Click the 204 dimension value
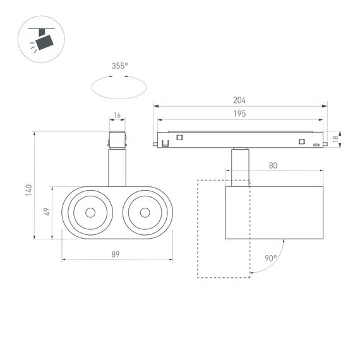239,100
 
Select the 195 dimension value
239,114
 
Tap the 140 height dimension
28,189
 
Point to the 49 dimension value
46,213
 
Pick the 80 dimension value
273,165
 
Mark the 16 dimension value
117,116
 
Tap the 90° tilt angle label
271,258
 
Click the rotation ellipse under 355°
118,87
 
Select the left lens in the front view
88,213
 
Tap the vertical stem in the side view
240,165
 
